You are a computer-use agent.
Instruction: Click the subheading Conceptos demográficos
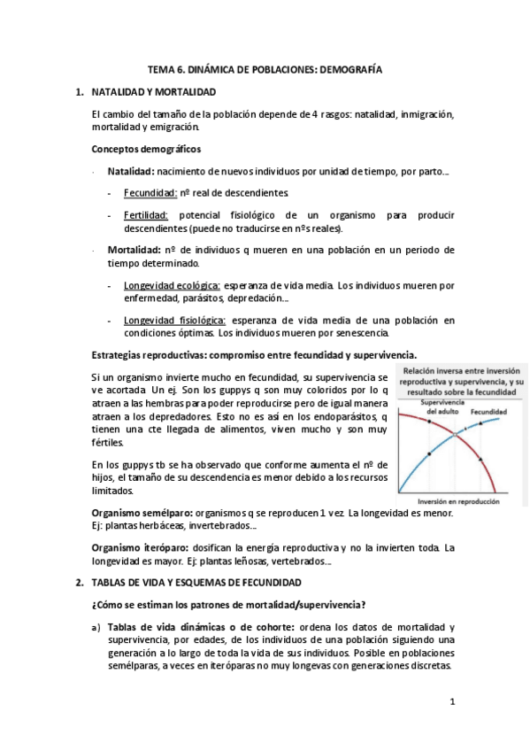click(146, 149)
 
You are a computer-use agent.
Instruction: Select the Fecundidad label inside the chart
click(488, 412)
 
